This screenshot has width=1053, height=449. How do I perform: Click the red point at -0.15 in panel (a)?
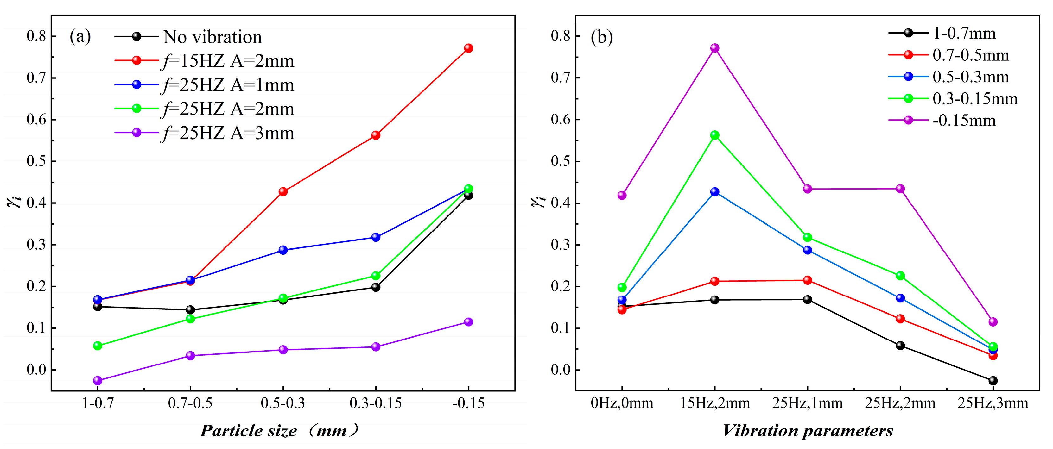coord(468,48)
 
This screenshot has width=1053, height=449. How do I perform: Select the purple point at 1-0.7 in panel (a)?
coord(98,380)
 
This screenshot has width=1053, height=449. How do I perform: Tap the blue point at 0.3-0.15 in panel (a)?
coord(376,237)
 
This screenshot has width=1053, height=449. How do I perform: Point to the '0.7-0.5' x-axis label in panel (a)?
coord(190,403)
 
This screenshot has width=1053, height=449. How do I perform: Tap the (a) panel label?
coord(80,37)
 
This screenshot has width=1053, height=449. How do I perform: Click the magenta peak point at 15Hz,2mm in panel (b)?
coord(714,48)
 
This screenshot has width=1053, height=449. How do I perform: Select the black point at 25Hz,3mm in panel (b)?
coord(993,380)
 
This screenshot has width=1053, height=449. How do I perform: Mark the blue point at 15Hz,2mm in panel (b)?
coord(714,192)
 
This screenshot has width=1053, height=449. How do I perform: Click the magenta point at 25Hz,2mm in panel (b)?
coord(900,189)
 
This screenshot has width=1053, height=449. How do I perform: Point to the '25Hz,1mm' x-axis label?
coord(807,403)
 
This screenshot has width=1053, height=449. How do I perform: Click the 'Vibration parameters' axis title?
coord(807,431)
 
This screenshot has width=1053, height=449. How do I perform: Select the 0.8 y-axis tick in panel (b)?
coord(560,36)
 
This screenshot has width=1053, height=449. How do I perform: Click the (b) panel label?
coord(602,37)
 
